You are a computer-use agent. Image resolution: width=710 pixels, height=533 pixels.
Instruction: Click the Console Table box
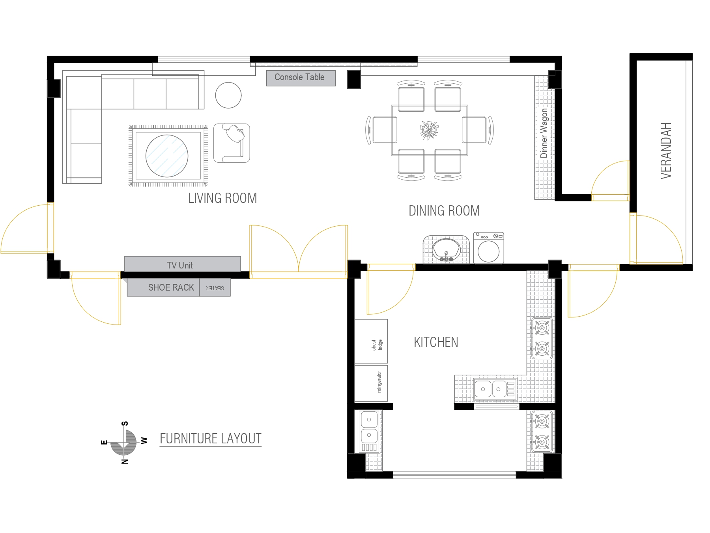coord(301,78)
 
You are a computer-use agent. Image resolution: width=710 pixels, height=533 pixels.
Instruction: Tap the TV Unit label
coord(180,265)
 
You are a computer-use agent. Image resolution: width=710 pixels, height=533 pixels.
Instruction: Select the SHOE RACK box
coord(163,287)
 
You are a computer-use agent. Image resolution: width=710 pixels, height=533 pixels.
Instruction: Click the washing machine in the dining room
coord(489,248)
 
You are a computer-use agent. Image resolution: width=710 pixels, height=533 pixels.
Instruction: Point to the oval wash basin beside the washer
coord(446,250)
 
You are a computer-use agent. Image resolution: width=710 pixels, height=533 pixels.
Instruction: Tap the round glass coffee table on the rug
coord(167,156)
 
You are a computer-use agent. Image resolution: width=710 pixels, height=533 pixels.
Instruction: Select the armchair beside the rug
coord(232,143)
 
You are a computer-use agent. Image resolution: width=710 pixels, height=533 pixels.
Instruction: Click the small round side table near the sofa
coord(228,95)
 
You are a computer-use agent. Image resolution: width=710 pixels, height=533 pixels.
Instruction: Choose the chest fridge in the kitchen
coord(371,341)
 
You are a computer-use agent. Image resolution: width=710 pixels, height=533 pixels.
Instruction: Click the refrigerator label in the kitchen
coord(379,382)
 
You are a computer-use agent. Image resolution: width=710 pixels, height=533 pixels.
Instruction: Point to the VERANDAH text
coord(666,150)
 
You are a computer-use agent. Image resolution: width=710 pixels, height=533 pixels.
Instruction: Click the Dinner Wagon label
coord(544,133)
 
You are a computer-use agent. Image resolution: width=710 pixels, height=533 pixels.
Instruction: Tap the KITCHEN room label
coord(436,342)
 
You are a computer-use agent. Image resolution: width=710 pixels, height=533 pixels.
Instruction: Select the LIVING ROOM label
coord(222,198)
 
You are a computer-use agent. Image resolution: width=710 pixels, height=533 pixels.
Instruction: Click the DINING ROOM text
coord(444,210)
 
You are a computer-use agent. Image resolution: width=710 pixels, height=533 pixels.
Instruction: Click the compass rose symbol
coord(124,442)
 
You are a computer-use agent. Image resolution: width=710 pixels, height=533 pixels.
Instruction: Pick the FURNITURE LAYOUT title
coord(211,439)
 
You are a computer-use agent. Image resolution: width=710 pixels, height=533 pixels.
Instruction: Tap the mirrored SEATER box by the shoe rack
coord(215,287)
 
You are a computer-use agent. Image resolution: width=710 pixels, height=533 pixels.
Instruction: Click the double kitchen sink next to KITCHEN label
coord(495,389)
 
